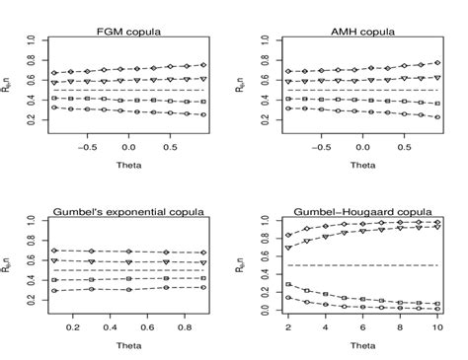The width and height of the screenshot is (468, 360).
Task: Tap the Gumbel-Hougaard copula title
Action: pyautogui.click(x=347, y=212)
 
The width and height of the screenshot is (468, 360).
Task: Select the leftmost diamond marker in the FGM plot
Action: pyautogui.click(x=55, y=73)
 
